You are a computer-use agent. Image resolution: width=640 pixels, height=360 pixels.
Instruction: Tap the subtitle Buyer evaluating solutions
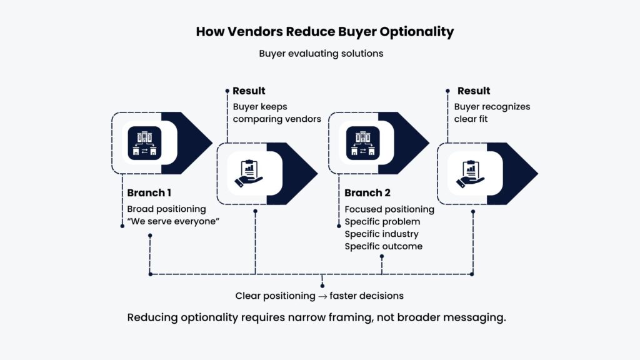(321, 53)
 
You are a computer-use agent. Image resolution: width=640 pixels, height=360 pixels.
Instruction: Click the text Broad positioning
(166, 209)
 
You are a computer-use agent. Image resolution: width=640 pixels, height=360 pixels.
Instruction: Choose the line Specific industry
(381, 234)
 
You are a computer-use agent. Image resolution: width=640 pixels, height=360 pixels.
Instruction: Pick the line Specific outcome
(383, 246)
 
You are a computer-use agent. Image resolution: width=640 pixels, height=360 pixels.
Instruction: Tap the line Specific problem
(382, 221)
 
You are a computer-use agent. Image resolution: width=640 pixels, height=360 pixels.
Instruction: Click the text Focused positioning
(389, 209)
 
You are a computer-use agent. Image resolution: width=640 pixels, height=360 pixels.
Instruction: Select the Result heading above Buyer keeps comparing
(249, 91)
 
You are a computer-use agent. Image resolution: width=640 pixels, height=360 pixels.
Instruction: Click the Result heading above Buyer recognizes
(474, 91)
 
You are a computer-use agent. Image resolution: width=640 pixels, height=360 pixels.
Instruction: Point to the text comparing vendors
(277, 119)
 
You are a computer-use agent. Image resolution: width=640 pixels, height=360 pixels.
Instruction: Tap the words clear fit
(471, 119)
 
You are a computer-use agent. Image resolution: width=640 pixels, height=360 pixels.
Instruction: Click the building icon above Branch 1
(144, 143)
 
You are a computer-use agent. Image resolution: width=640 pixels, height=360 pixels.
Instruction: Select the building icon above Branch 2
(362, 143)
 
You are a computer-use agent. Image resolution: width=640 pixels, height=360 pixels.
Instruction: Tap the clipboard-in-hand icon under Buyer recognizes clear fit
(469, 174)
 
